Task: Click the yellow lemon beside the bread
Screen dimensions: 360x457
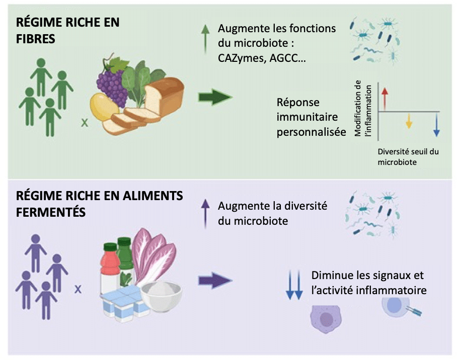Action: click(103, 107)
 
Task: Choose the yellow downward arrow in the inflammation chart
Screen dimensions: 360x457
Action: click(409, 121)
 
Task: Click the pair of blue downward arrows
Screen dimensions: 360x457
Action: click(293, 285)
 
